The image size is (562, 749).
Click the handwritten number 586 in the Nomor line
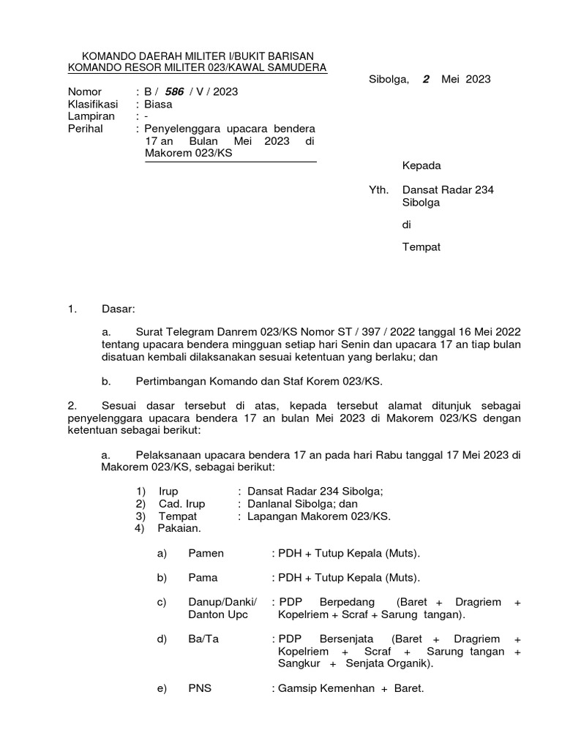click(x=176, y=92)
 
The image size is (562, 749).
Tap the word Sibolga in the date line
click(x=389, y=80)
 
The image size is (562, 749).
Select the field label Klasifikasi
click(x=93, y=104)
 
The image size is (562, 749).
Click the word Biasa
click(x=159, y=104)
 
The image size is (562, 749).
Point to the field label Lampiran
click(x=89, y=116)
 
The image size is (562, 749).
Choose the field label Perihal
click(x=86, y=129)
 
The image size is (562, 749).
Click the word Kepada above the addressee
click(x=422, y=166)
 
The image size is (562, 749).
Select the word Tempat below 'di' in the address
click(x=422, y=247)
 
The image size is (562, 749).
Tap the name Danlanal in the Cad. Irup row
click(x=269, y=504)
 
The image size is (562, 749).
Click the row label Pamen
click(x=206, y=554)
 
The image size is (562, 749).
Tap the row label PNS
click(x=200, y=688)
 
